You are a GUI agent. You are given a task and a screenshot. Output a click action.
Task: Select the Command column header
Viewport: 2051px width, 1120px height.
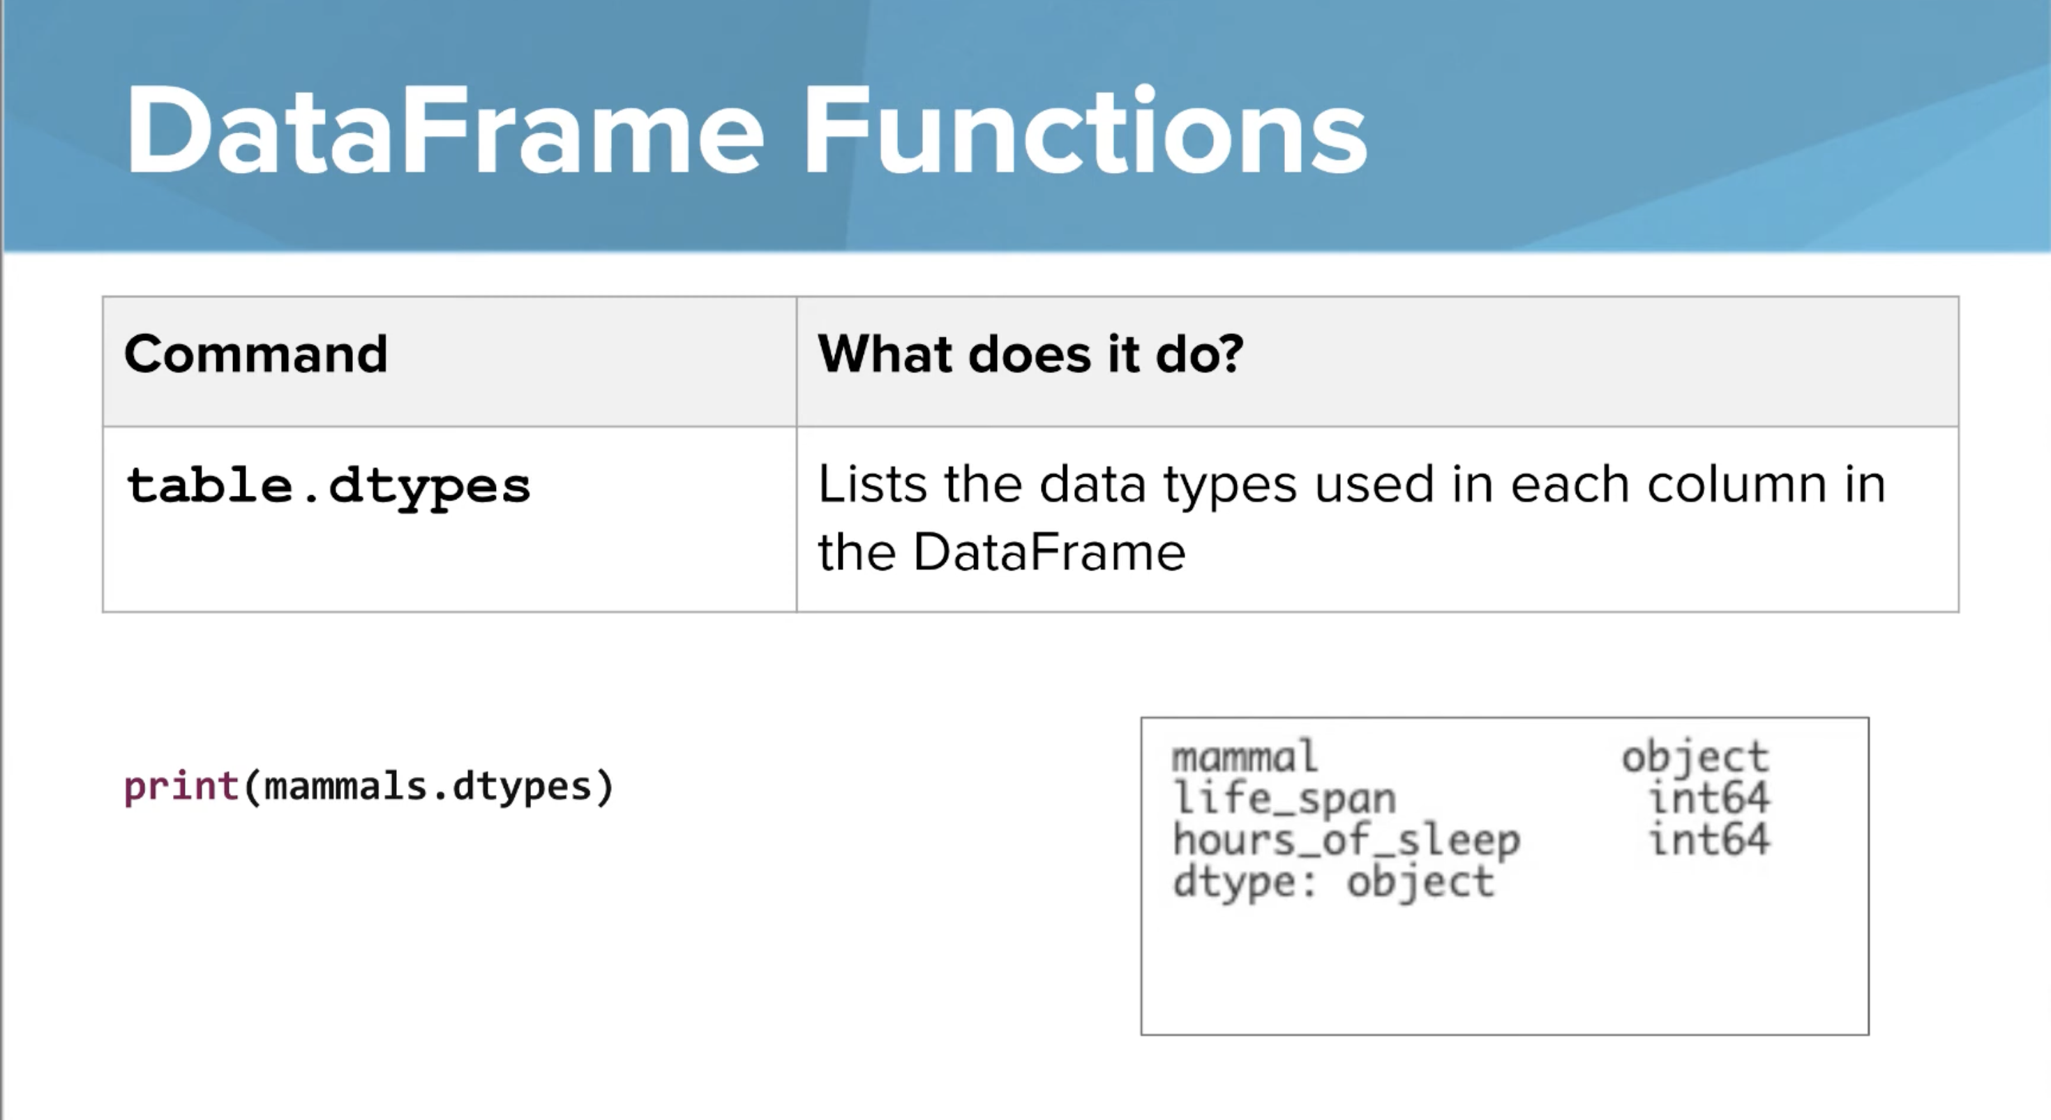[x=255, y=354]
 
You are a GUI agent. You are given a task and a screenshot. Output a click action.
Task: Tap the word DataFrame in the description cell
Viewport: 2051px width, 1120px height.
[x=1049, y=552]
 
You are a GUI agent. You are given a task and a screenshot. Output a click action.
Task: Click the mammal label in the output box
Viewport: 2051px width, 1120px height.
[x=1245, y=756]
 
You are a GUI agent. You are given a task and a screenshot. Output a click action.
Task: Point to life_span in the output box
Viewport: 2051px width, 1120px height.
[x=1284, y=798]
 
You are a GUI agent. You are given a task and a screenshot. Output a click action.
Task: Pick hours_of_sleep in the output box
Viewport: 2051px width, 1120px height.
[x=1346, y=840]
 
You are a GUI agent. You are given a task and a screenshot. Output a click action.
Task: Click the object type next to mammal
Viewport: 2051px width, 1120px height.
[x=1695, y=756]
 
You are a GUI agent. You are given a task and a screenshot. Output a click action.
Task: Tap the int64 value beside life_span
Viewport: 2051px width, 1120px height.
[x=1708, y=798]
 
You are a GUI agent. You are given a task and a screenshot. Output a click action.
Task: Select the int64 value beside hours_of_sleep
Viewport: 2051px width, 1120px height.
[x=1708, y=840]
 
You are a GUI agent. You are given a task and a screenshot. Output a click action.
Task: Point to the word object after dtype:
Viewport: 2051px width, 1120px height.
[x=1420, y=883]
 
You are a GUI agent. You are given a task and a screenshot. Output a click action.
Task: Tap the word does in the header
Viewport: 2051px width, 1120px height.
[x=1030, y=354]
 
